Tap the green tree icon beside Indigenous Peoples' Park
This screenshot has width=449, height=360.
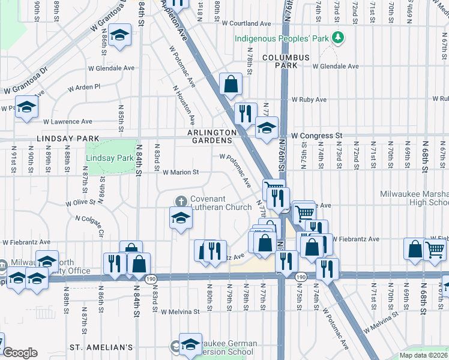click(x=339, y=38)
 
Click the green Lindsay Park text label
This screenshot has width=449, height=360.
click(x=109, y=158)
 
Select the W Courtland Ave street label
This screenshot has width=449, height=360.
click(x=246, y=23)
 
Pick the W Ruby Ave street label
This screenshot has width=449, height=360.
click(x=309, y=99)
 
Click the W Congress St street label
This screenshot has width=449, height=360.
click(x=316, y=136)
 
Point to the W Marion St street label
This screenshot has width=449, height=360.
click(x=181, y=172)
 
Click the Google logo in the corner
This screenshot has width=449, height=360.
click(x=20, y=353)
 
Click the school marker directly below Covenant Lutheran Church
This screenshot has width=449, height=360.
click(x=180, y=218)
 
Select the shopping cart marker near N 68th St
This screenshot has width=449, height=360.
click(x=435, y=249)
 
